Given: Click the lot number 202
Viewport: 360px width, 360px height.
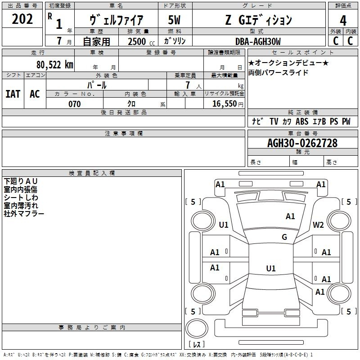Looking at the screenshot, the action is pos(22,19).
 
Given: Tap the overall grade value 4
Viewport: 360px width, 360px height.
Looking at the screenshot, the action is pos(343,21).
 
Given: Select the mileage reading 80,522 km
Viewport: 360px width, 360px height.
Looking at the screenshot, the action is pos(55,65).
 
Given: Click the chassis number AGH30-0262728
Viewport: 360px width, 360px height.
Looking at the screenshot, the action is pos(302,143).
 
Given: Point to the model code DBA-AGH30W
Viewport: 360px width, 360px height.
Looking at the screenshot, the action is pos(258,41).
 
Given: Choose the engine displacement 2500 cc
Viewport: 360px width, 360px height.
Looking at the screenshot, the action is pos(141,41).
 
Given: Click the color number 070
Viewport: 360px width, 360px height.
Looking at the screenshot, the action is pos(75,104).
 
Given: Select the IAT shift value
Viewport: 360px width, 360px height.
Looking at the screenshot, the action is pos(13,94).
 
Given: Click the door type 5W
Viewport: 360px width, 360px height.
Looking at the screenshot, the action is pos(174,20).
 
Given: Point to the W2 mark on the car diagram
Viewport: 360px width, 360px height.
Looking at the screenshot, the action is pos(318,225).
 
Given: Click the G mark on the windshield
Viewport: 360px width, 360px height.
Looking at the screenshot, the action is pos(284,237).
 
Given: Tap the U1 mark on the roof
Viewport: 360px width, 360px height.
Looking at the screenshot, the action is pos(271,268).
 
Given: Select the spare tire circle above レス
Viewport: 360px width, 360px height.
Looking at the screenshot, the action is pos(197,328).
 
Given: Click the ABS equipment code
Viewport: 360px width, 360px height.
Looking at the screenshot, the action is pos(302,121).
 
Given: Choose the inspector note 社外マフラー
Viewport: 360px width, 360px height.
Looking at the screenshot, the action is pos(24,214).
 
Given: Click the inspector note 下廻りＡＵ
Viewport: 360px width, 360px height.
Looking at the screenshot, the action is pos(20,181).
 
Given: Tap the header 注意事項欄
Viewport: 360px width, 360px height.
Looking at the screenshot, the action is pos(124,133).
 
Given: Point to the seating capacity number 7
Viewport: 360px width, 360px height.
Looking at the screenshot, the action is pos(188,85).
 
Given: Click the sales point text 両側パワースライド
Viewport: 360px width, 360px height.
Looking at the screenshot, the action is pos(278,72).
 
